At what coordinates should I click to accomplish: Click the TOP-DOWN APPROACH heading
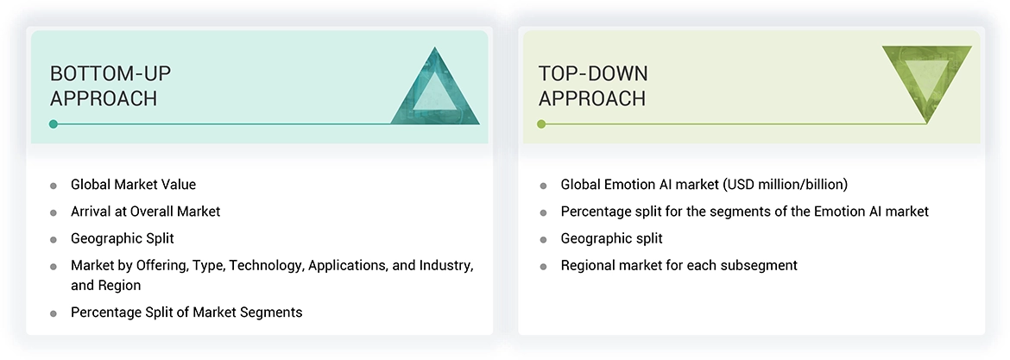[593, 85]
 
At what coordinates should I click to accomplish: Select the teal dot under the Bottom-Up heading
[54, 124]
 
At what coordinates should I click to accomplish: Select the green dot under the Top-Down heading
[541, 124]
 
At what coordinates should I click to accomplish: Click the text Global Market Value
[133, 184]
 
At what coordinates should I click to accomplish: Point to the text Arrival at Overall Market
[145, 211]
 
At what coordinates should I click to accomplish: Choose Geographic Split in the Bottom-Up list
[122, 238]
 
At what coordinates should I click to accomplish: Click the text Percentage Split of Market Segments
[186, 312]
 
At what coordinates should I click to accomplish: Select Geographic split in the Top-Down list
[611, 238]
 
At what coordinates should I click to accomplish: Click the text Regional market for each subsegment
[679, 265]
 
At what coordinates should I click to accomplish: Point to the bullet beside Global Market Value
[54, 186]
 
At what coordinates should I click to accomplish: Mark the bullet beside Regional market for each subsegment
[543, 267]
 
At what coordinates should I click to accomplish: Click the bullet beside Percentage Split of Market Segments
[54, 313]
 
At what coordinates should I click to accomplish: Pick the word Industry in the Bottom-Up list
[446, 265]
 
